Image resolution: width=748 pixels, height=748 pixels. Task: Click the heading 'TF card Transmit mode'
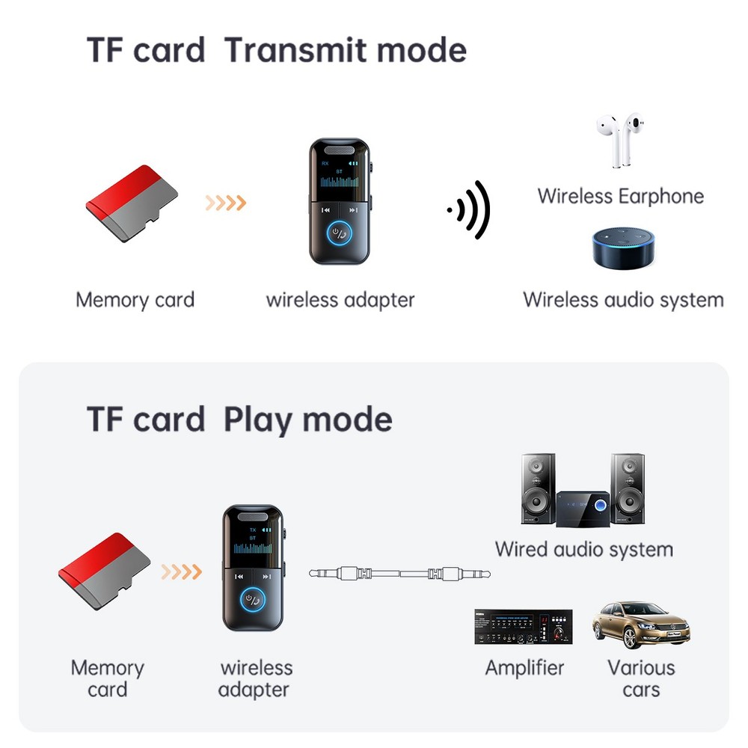(277, 50)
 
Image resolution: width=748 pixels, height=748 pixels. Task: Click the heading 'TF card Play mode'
(239, 419)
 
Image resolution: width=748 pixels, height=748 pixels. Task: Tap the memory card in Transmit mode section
(132, 202)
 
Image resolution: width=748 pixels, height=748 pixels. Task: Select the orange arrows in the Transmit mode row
(225, 202)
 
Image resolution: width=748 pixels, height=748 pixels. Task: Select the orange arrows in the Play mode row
(182, 572)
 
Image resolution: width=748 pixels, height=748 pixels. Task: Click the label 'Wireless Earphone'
(620, 197)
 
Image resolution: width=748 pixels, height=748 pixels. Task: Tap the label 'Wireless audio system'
(623, 300)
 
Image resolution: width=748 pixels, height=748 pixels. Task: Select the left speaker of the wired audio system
(538, 488)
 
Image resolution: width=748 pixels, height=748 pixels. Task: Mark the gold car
(640, 625)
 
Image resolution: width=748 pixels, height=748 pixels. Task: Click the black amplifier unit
(523, 627)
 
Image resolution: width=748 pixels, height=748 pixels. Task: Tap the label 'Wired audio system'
(583, 549)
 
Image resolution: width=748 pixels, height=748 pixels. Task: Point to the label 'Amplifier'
(524, 667)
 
